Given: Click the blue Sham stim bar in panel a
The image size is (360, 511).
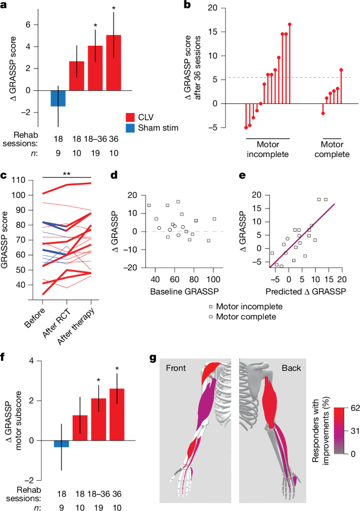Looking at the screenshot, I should (x=58, y=98).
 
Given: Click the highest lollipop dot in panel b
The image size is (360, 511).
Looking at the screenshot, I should (x=290, y=24).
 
